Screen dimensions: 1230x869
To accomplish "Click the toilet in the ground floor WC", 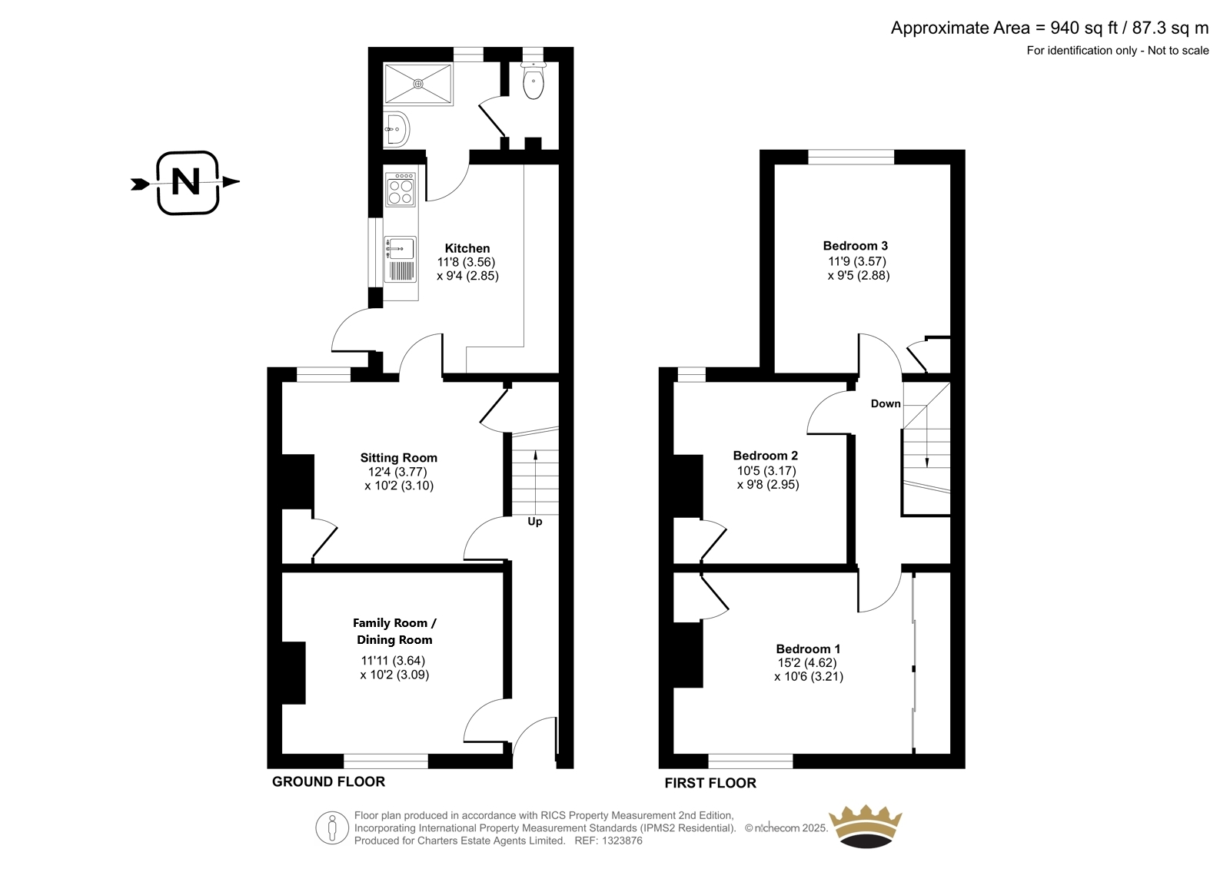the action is (533, 81).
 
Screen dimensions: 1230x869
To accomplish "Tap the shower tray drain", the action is (418, 84).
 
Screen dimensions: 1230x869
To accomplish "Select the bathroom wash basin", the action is (396, 130).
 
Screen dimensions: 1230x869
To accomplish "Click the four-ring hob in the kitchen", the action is (401, 189).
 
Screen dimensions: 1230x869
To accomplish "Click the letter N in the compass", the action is (185, 181).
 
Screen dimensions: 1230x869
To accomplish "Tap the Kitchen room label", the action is (467, 248).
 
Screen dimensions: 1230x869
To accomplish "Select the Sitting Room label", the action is (399, 457).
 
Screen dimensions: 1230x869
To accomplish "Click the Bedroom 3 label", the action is (856, 245).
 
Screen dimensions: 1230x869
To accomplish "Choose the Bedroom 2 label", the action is (766, 455).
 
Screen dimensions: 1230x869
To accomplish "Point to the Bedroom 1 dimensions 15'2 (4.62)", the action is (807, 662).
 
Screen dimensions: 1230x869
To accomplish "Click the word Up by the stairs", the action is (535, 522).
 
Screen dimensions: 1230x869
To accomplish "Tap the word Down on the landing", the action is (886, 403).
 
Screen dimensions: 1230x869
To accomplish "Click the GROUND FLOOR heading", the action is (328, 781).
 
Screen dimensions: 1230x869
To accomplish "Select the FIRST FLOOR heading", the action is (710, 783).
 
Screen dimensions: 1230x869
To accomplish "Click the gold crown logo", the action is (866, 826).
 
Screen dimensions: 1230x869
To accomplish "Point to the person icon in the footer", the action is (332, 828).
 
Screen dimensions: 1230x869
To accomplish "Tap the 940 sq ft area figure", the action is (1084, 28).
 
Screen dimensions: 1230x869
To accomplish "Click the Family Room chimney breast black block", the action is (294, 672).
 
